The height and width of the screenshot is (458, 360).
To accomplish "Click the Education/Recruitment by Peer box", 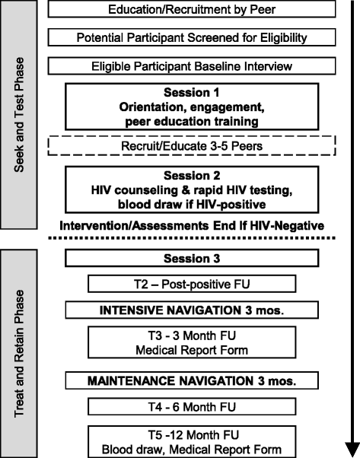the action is click(192, 10).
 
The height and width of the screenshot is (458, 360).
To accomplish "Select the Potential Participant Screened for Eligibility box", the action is click(192, 37).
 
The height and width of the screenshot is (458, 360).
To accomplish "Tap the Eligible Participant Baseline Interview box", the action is click(192, 66).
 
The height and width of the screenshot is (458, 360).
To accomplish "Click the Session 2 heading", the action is click(192, 175).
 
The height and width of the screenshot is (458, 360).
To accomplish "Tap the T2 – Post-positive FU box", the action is click(192, 285).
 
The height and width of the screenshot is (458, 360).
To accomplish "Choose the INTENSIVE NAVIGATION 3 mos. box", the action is click(192, 310).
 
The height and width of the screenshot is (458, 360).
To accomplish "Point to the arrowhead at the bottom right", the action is click(349, 447).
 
